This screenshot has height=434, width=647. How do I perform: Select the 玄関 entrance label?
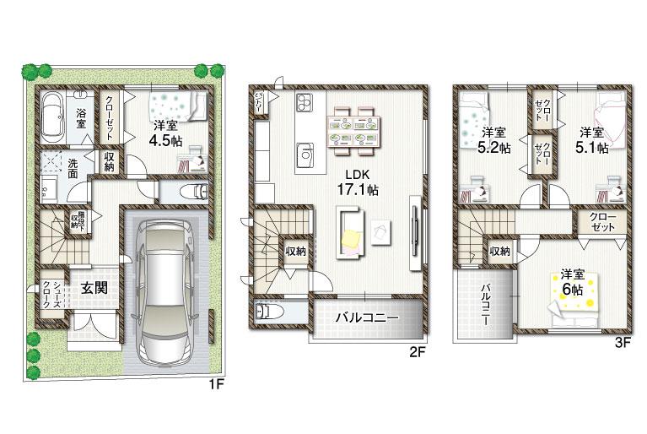tap(94, 287)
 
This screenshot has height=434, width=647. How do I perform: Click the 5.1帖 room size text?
tap(591, 140)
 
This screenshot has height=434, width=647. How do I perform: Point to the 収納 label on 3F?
tap(499, 251)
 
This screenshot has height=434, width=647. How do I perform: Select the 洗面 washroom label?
tap(73, 168)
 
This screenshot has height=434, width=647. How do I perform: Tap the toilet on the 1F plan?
tap(187, 191)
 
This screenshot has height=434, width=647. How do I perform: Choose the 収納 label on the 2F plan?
tap(295, 251)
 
